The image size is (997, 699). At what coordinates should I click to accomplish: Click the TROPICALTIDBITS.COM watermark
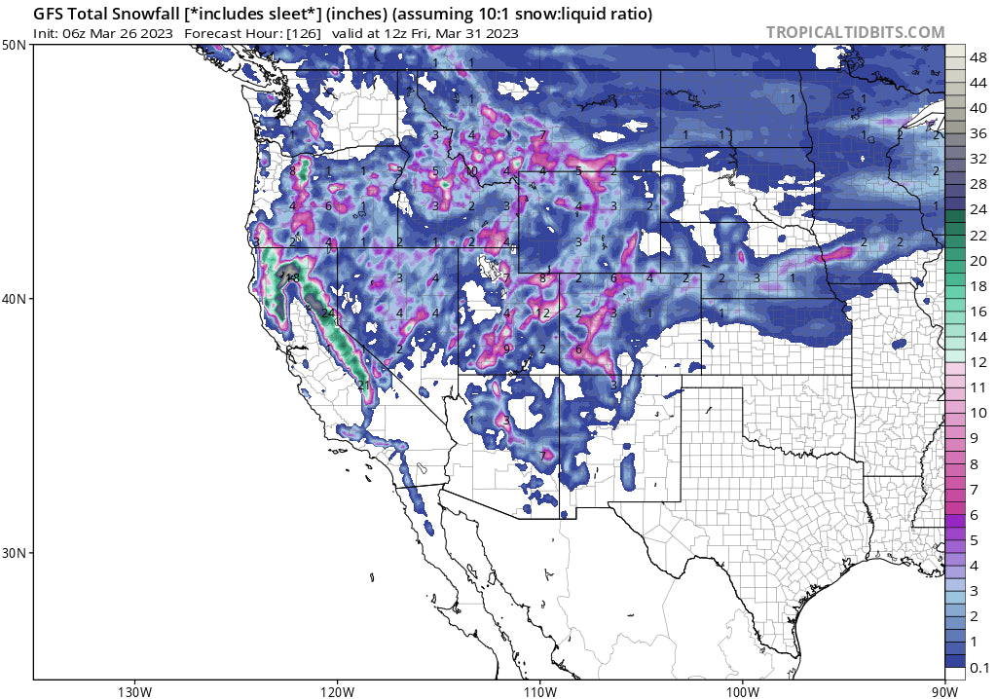855,32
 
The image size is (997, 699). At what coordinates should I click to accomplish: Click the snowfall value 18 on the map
292,277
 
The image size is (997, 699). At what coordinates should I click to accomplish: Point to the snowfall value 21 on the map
362,385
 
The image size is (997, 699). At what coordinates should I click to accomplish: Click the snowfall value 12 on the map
543,313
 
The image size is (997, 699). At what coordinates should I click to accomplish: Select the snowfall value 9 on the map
507,349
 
